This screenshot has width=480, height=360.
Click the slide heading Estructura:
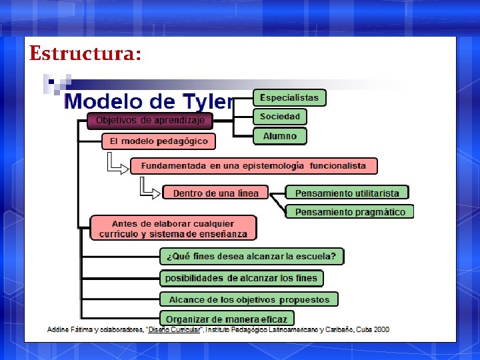click(85, 53)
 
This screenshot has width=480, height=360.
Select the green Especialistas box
click(289, 97)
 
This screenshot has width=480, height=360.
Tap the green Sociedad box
click(280, 117)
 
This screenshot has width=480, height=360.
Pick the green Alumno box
click(280, 136)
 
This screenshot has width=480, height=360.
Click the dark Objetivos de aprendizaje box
click(150, 121)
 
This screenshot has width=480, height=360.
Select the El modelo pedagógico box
click(159, 141)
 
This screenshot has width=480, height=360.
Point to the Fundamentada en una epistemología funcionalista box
click(253, 165)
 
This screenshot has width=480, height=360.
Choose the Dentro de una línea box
click(215, 193)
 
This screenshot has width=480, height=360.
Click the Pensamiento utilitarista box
click(347, 193)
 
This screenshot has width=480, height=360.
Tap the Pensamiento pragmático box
click(350, 212)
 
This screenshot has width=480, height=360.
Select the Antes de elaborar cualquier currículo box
click(173, 229)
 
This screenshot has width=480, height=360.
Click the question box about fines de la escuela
click(252, 256)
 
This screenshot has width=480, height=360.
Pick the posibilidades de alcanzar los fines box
click(241, 277)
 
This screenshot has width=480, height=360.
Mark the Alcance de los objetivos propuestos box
click(249, 299)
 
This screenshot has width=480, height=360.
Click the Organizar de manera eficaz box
click(227, 319)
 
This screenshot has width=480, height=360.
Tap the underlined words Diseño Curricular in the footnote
click(174, 330)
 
